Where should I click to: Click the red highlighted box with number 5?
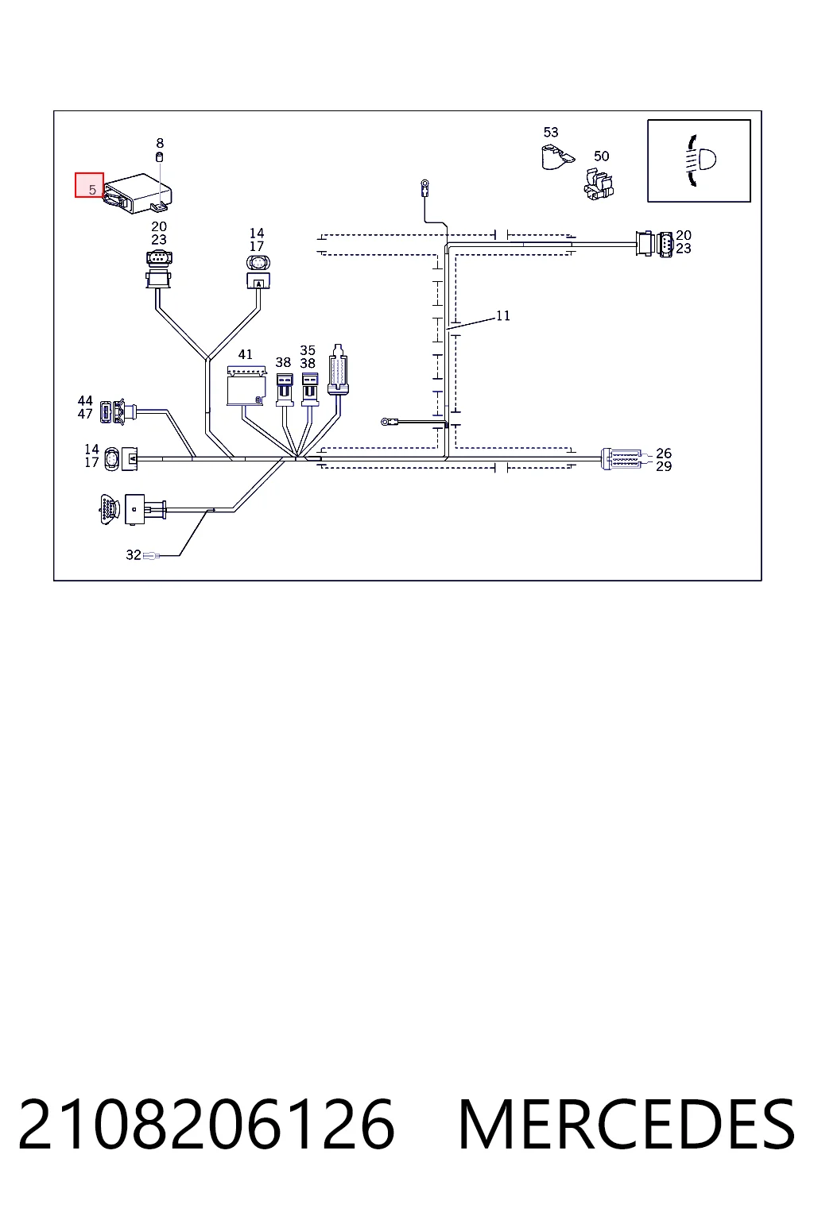[89, 185]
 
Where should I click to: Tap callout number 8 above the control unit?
[160, 143]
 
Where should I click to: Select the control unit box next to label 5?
[138, 193]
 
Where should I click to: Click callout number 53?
[551, 132]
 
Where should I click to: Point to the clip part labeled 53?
[556, 156]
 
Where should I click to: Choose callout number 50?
[602, 156]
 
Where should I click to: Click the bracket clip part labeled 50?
[598, 184]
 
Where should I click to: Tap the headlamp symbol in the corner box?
[700, 160]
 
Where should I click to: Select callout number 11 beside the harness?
[502, 315]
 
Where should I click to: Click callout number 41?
[246, 354]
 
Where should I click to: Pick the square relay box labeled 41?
[246, 385]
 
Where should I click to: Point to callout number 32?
[134, 554]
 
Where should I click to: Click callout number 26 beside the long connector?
[664, 454]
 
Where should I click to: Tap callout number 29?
[664, 466]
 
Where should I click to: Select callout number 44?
[85, 401]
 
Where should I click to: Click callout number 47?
[85, 414]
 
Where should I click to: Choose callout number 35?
[308, 350]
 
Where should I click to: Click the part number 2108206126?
[206, 1125]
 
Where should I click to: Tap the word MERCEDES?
[627, 1125]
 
